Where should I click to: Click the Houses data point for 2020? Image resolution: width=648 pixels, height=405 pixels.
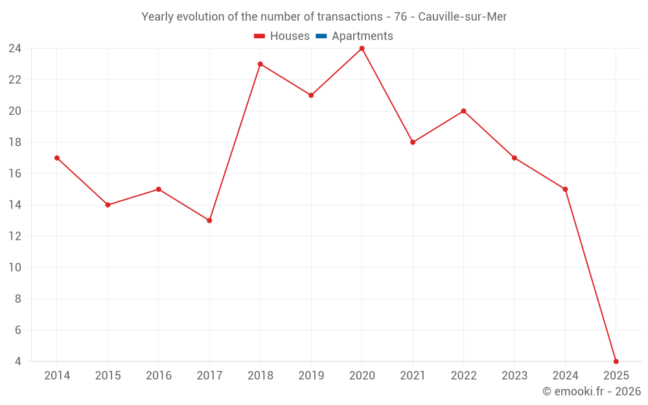(x=362, y=49)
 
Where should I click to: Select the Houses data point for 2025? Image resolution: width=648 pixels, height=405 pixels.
(x=616, y=361)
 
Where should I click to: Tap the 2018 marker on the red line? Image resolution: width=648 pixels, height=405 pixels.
(x=260, y=64)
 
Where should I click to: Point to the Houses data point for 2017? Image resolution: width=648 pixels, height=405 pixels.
(x=209, y=220)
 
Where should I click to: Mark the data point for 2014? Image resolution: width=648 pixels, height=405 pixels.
(x=57, y=158)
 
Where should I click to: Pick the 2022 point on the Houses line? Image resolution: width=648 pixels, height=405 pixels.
(x=463, y=111)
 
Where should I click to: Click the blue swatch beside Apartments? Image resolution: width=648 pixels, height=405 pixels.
(x=321, y=36)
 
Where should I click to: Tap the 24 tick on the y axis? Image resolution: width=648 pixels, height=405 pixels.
(x=15, y=49)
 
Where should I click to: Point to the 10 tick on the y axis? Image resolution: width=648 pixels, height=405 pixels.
(x=15, y=268)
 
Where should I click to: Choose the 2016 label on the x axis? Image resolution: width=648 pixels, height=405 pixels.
(x=159, y=376)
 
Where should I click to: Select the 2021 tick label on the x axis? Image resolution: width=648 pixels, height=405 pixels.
(x=413, y=376)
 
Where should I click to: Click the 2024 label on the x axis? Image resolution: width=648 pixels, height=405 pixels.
(x=565, y=376)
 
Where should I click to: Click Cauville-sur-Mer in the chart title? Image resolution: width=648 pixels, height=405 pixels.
(x=463, y=17)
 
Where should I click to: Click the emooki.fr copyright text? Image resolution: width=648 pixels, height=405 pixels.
(x=592, y=391)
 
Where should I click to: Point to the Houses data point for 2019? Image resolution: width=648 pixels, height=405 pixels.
(x=311, y=95)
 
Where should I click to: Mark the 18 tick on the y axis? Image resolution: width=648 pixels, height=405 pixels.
(x=15, y=143)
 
